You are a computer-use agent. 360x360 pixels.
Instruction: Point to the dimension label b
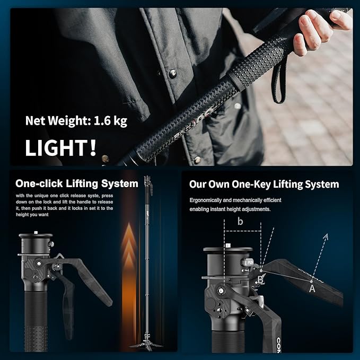[240, 222]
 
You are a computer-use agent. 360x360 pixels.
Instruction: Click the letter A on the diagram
[312, 289]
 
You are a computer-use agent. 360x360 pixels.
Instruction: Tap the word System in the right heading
[320, 185]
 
